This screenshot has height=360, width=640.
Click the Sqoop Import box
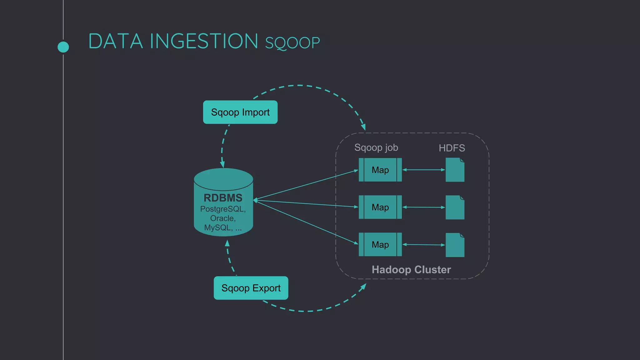tap(240, 112)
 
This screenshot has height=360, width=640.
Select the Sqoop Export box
tap(251, 288)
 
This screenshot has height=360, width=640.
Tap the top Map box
tap(380, 170)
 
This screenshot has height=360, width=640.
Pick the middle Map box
tap(380, 207)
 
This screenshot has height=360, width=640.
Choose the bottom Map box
tap(380, 244)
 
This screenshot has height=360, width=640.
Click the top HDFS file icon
tap(455, 170)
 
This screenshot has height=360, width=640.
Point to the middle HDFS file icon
tap(455, 207)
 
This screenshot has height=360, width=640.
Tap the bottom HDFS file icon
tap(455, 245)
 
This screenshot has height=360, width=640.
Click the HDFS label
tap(452, 148)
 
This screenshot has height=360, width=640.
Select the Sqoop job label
tap(376, 147)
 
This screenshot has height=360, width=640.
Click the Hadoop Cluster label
tap(411, 270)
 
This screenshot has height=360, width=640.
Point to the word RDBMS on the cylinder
tap(223, 198)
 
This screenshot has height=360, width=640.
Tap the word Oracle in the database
tap(222, 218)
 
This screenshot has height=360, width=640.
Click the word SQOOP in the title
tap(292, 43)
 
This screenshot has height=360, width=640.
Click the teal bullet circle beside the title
tap(63, 47)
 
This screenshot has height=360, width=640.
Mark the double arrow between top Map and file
tap(423, 170)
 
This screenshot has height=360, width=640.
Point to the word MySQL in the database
tap(218, 227)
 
